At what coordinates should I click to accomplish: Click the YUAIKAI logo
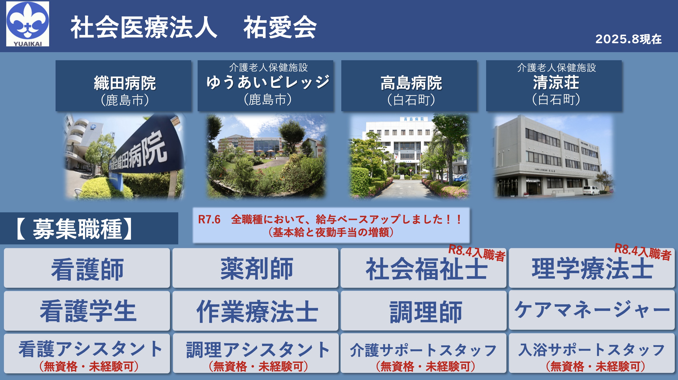(28, 24)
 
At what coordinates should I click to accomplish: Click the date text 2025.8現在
(628, 39)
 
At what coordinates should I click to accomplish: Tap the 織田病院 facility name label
(125, 83)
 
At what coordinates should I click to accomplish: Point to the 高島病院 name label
(411, 83)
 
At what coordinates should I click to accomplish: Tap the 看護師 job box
(87, 268)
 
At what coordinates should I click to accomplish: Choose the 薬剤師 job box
(255, 268)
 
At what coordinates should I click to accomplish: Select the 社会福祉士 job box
(423, 268)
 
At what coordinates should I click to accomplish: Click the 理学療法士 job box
(592, 268)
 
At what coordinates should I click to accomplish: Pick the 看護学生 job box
(87, 311)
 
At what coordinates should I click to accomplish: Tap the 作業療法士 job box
(255, 311)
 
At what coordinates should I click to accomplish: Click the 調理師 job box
(423, 311)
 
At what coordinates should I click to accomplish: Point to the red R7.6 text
(209, 219)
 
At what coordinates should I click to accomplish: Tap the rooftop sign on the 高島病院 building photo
(414, 119)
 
